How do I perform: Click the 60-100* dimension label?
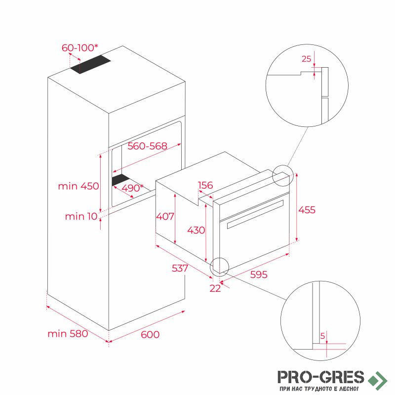[80, 47]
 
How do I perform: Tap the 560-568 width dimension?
[147, 146]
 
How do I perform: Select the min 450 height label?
[79, 186]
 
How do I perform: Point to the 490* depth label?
[132, 188]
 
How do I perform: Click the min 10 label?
[81, 216]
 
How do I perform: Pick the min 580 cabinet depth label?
[68, 334]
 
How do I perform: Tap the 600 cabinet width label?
[150, 335]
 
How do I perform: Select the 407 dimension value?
[165, 216]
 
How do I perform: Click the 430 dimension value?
[196, 230]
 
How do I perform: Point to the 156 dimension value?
[205, 185]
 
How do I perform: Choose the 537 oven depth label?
[180, 268]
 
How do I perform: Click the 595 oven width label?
[259, 275]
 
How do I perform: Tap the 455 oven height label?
[307, 210]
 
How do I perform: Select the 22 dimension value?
[215, 288]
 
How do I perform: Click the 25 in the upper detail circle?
[306, 59]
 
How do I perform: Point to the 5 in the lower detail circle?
[323, 336]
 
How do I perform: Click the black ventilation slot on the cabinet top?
[90, 64]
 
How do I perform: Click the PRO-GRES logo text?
[320, 377]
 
